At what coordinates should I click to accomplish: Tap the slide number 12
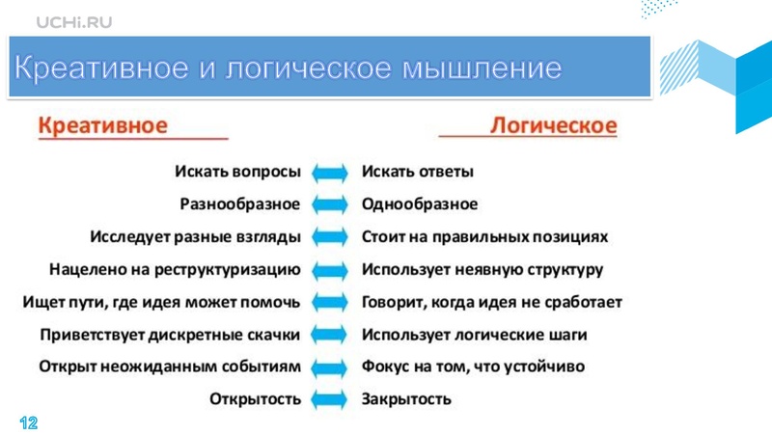coord(28,422)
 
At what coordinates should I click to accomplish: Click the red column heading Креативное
coord(103,125)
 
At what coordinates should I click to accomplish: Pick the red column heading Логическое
coord(554,125)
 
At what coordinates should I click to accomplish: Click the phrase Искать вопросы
coord(237,172)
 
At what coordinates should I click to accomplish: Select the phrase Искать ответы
coord(417,172)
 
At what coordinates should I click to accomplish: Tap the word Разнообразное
coord(239,204)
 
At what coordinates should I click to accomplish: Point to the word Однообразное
coord(419,204)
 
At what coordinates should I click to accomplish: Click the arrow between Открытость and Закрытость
coord(331,399)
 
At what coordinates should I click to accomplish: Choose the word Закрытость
coord(406,398)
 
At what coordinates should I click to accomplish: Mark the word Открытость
coord(255,398)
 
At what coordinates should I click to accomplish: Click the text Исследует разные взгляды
coord(195,236)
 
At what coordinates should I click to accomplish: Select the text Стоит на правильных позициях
coord(484,236)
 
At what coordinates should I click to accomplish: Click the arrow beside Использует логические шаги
coord(331,336)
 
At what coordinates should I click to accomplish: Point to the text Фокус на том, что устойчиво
coord(473,366)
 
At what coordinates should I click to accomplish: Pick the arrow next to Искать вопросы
coord(331,173)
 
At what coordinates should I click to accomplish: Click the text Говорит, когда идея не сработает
coord(491,302)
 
